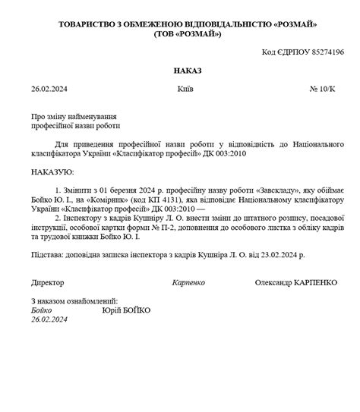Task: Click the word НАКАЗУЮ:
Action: (x=53, y=172)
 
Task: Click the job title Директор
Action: (x=48, y=282)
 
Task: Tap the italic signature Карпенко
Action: (x=189, y=282)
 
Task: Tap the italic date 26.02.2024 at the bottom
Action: (x=50, y=320)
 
